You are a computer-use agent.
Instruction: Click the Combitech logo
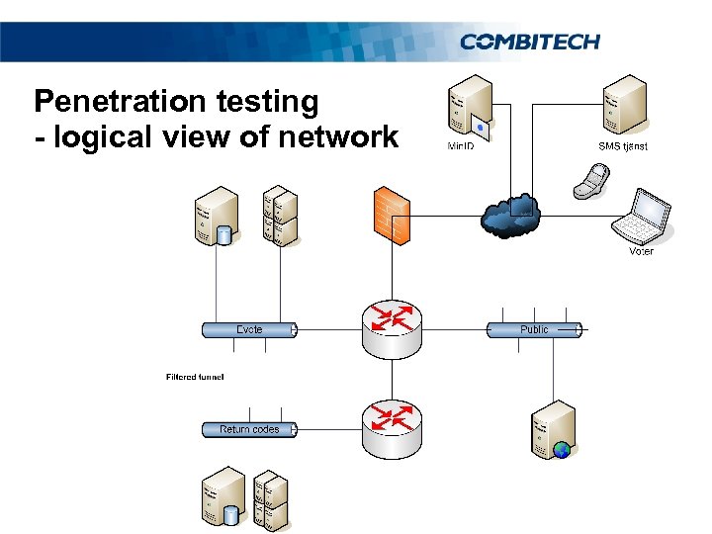[529, 41]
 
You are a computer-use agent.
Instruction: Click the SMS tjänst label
[623, 146]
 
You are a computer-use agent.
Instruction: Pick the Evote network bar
[248, 329]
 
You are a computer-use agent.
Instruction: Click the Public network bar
[534, 329]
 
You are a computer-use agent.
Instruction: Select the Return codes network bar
[249, 429]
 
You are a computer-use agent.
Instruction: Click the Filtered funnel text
[195, 377]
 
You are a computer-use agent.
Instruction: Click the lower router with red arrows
[392, 427]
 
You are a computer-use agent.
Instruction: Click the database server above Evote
[216, 218]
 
